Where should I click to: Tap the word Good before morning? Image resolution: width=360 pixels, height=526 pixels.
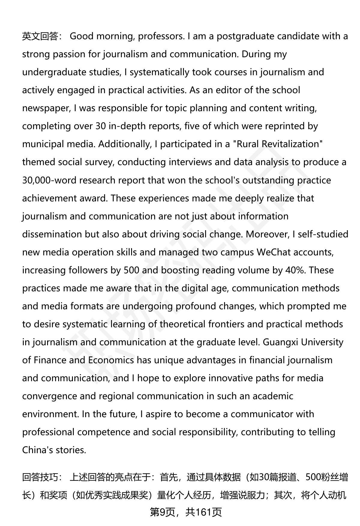pos(82,36)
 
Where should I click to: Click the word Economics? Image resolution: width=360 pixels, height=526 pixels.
pos(111,360)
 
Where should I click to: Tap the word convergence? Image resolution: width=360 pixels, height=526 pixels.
pos(49,396)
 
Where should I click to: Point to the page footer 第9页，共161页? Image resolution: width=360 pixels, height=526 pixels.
pos(186,513)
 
